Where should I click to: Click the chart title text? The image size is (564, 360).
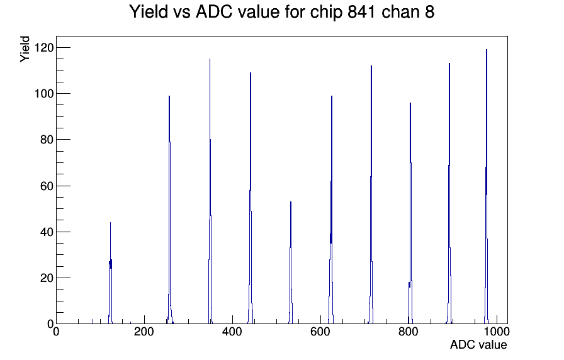[281, 12]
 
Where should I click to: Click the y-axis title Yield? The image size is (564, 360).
[25, 49]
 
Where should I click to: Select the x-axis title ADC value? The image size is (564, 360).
[478, 344]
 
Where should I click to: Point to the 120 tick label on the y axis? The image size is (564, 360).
[43, 47]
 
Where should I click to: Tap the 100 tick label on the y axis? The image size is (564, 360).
[43, 94]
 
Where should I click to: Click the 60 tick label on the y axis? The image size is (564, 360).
[47, 186]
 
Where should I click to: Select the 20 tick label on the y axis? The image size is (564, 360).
[47, 278]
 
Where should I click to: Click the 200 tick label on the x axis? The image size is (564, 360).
[144, 332]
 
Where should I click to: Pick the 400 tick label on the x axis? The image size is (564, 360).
[232, 332]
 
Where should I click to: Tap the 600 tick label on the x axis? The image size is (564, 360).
[320, 332]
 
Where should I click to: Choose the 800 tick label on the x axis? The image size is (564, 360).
[409, 332]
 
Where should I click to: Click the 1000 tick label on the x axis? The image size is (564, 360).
[497, 332]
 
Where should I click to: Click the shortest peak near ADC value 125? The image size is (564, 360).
[110, 273]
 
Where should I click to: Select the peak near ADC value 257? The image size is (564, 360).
[169, 210]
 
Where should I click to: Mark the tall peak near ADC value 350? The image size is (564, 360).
[210, 191]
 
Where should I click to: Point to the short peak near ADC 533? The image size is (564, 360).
[291, 262]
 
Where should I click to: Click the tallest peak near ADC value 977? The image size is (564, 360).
[487, 186]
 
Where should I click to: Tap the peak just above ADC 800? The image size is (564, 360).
[410, 213]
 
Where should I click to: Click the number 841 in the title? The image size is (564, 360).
[361, 12]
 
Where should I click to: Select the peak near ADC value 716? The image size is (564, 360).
[371, 194]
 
